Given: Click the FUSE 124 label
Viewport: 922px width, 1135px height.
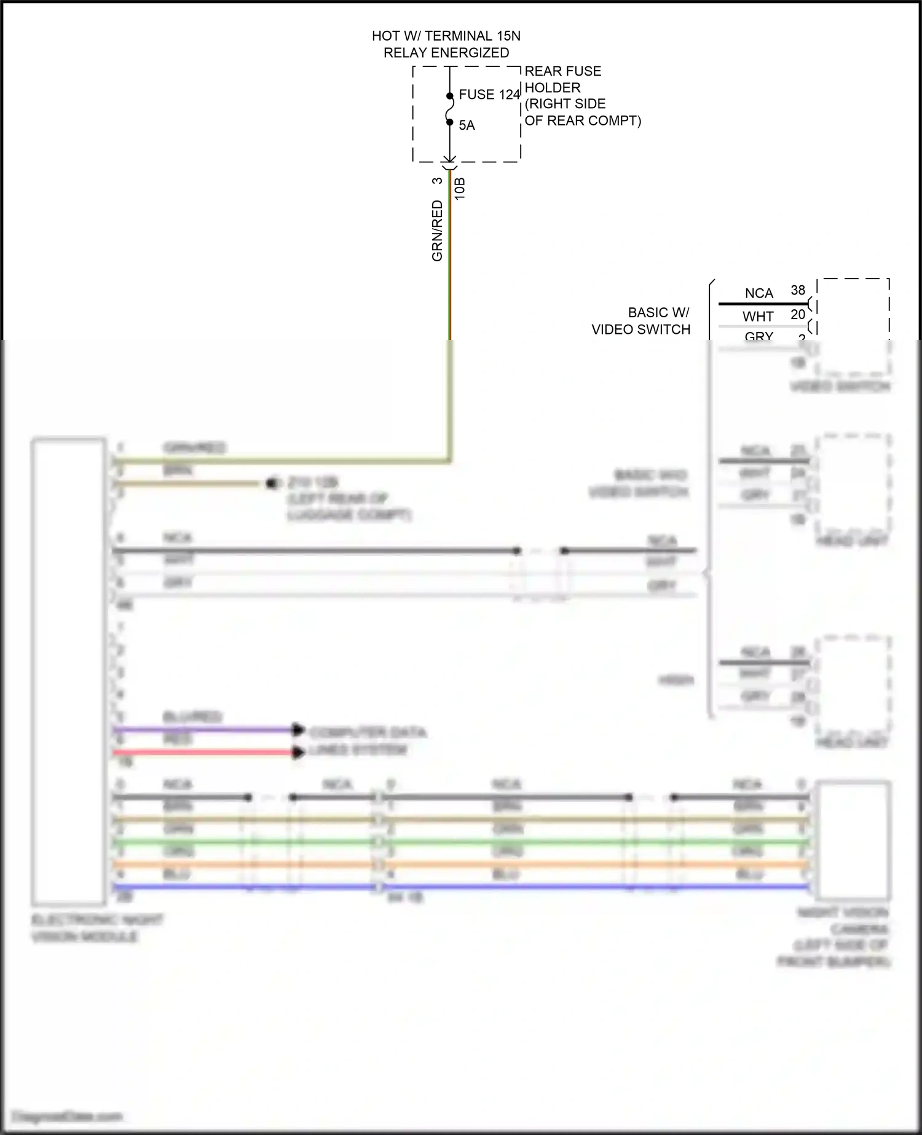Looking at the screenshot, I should pyautogui.click(x=489, y=95).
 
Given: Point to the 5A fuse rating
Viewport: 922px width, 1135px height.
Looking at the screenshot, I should pyautogui.click(x=467, y=125).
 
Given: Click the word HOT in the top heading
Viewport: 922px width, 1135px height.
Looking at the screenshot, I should pyautogui.click(x=385, y=36).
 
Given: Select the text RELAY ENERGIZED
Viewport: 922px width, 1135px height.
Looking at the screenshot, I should pyautogui.click(x=446, y=53).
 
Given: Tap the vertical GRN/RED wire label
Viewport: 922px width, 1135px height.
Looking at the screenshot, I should pyautogui.click(x=437, y=231).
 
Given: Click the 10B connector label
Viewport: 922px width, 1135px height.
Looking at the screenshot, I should pyautogui.click(x=460, y=189).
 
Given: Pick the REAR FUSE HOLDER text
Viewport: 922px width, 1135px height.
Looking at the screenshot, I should pyautogui.click(x=562, y=79).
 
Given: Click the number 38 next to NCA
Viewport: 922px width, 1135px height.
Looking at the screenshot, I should pyautogui.click(x=798, y=290).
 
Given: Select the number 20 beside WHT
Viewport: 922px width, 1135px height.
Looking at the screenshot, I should pyautogui.click(x=798, y=314).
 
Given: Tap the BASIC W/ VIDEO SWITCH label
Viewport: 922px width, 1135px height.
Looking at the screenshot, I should pyautogui.click(x=641, y=321).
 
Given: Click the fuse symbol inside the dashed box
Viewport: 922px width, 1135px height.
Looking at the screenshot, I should pyautogui.click(x=450, y=109).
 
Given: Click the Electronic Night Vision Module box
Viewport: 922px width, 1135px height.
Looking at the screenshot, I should pyautogui.click(x=68, y=670).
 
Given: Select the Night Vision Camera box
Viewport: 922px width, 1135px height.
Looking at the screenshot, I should pyautogui.click(x=853, y=840).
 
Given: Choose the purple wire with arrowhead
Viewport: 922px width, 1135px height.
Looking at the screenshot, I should pyautogui.click(x=203, y=730).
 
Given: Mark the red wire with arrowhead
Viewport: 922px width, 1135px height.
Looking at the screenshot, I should pyautogui.click(x=203, y=752).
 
